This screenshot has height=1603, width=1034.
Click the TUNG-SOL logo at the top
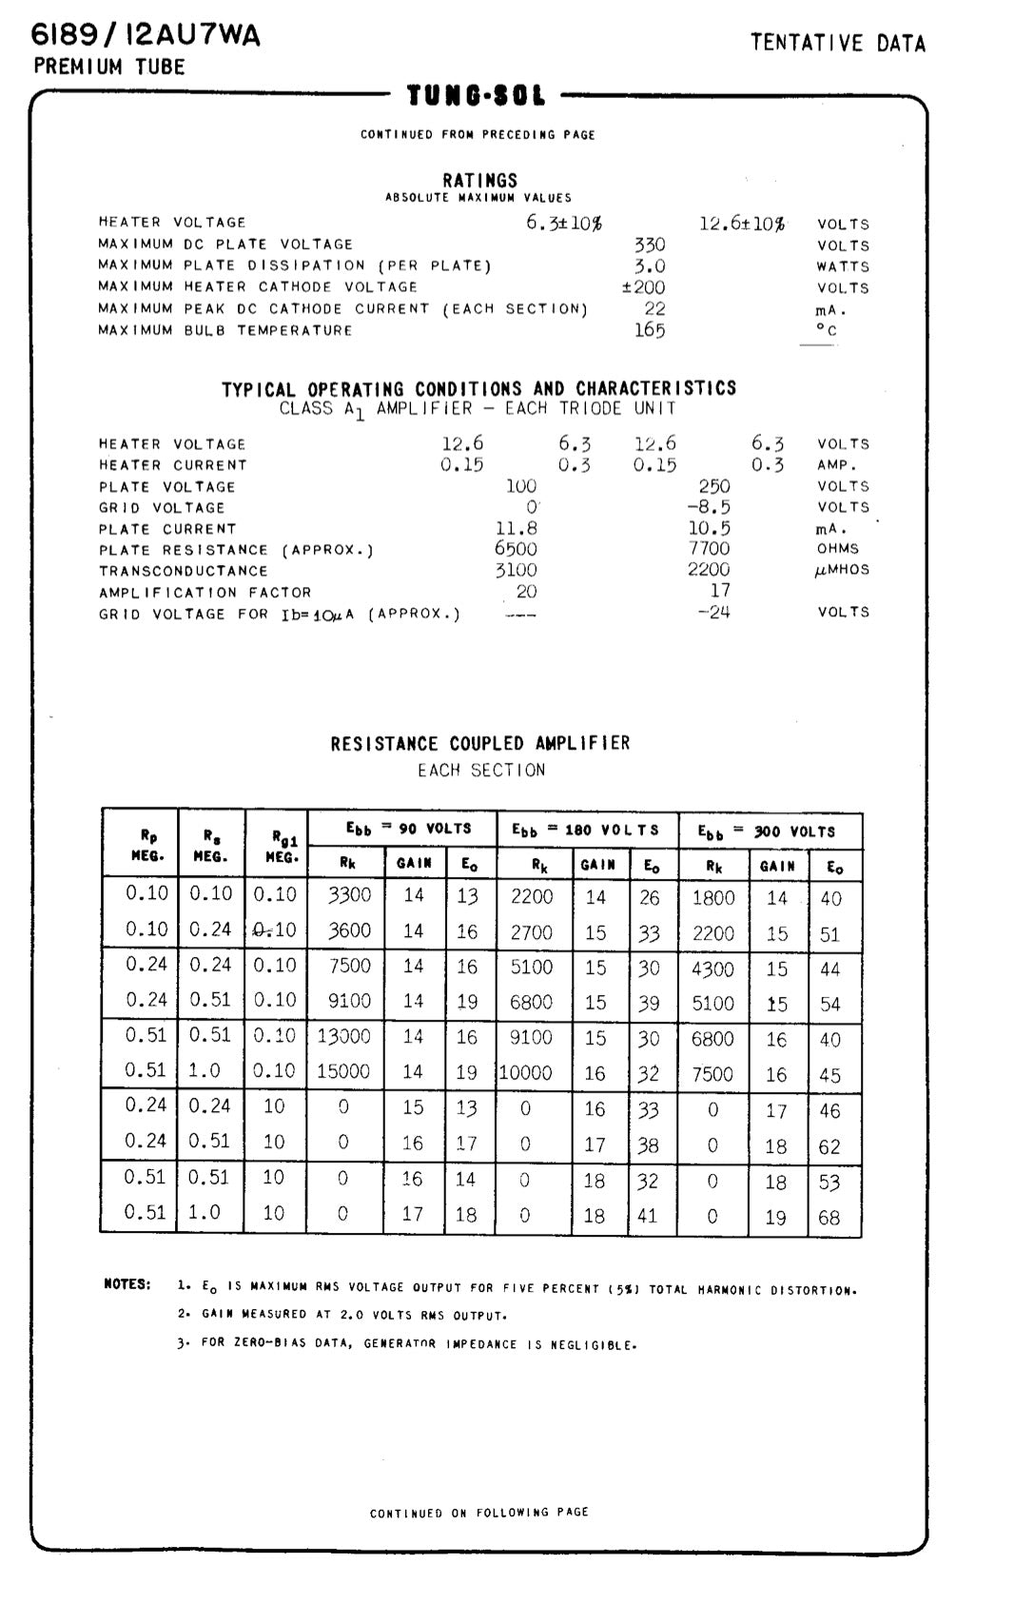point(477,96)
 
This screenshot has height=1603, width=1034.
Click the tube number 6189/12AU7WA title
point(146,35)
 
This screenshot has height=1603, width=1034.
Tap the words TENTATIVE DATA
point(837,43)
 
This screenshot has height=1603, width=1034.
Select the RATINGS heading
point(480,180)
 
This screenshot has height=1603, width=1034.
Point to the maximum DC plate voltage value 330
point(650,244)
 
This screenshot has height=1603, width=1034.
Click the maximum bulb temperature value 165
point(650,330)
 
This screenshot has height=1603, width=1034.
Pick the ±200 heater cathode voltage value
point(644,287)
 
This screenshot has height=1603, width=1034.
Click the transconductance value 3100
point(516,570)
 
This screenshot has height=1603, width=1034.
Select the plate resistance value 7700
point(709,548)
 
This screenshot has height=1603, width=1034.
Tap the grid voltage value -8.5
point(709,507)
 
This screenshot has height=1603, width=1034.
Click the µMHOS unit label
point(842,570)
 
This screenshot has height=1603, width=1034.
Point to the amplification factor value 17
point(720,591)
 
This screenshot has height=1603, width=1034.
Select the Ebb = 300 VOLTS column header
point(767,831)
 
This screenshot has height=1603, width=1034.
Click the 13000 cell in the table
point(344,1036)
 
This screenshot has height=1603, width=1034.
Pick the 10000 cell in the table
point(526,1072)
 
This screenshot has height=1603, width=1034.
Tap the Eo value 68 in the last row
point(829,1218)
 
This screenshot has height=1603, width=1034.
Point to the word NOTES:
point(127,1284)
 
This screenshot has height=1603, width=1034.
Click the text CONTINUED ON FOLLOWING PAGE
point(479,1512)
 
